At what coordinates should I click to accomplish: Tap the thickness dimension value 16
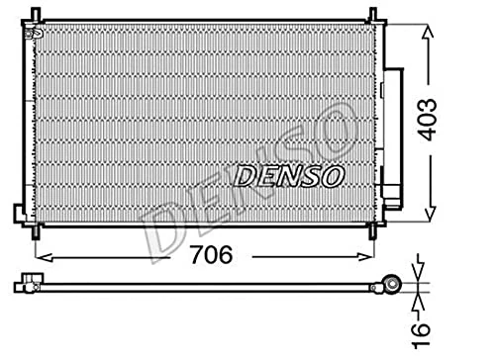422,331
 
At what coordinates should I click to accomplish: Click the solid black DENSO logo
289,176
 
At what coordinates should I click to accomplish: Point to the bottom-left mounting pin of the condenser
37,232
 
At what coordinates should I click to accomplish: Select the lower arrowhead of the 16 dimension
420,298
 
